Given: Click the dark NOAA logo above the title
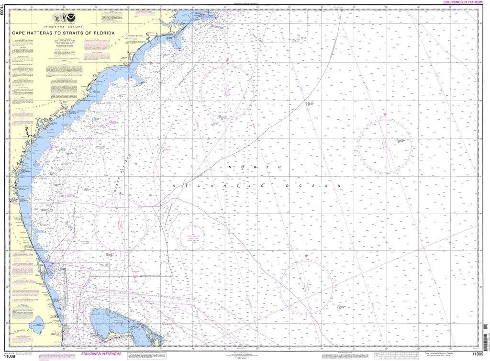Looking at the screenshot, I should click(78, 19).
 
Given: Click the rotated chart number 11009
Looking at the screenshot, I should click(3, 20).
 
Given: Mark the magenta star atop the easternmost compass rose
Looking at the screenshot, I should click(385, 115).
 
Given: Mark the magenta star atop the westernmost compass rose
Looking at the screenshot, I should click(121, 193).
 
